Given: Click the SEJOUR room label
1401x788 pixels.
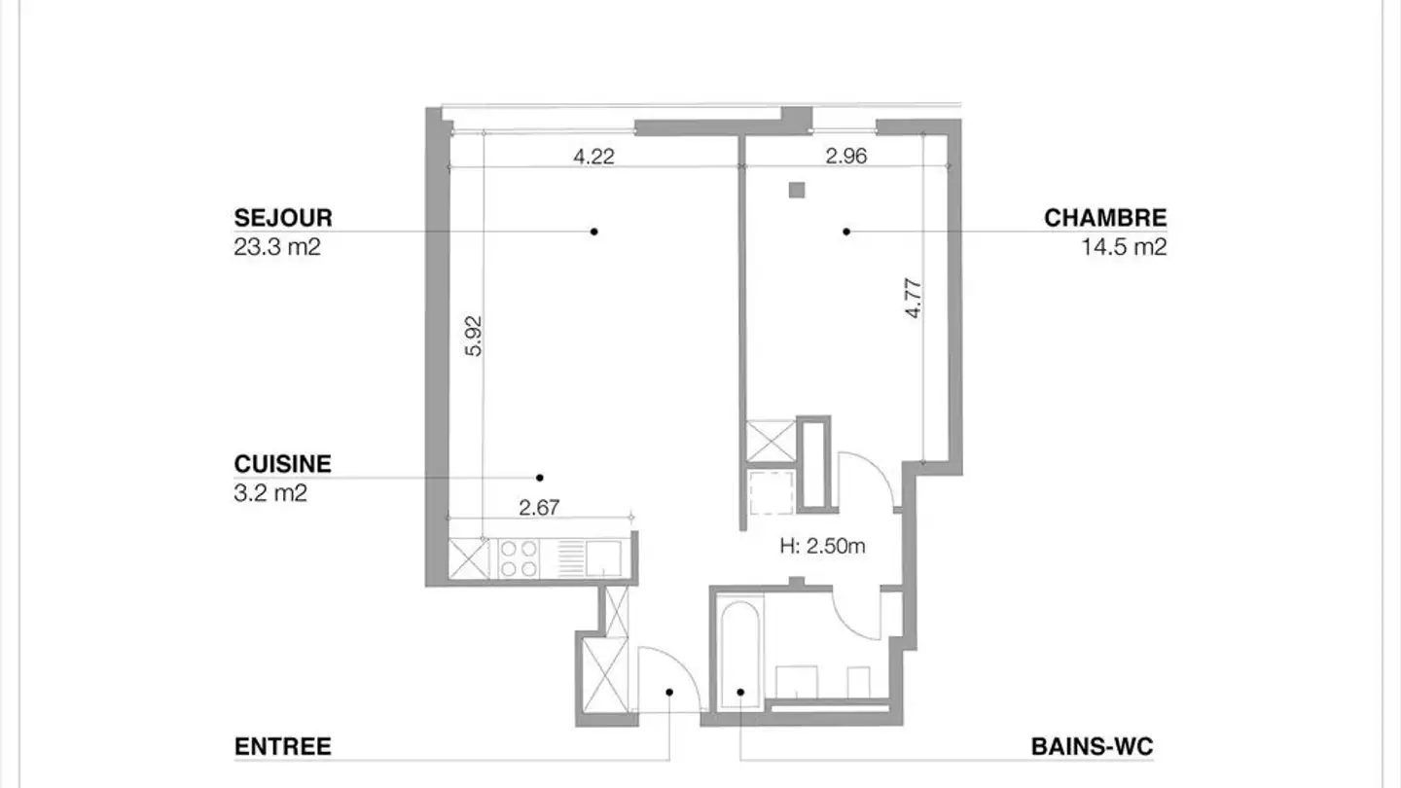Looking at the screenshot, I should click(x=282, y=218).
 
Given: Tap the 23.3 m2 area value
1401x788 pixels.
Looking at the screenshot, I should click(x=277, y=247).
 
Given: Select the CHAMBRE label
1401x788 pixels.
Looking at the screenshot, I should click(x=1105, y=218).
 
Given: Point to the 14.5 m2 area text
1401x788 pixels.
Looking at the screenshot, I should click(x=1124, y=247).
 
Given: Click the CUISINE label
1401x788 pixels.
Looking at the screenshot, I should click(x=282, y=464).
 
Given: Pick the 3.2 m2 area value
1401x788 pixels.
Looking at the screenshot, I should click(x=270, y=493).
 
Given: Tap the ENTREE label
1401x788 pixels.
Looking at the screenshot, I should click(x=282, y=747).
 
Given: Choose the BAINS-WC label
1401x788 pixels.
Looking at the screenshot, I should click(x=1092, y=747).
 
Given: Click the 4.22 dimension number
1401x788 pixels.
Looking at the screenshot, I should click(x=593, y=156).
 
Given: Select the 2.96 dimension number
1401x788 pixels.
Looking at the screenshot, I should click(x=846, y=156).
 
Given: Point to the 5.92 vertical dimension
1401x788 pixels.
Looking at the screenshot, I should click(x=474, y=336).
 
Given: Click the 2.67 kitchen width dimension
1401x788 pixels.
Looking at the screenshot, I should click(x=539, y=507).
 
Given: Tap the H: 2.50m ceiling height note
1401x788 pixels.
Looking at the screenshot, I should click(x=822, y=547).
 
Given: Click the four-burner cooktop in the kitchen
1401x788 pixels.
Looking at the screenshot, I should click(x=519, y=558).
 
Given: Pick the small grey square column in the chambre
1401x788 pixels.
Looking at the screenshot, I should click(x=797, y=191).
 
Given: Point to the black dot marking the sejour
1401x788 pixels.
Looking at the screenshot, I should click(x=593, y=232).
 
